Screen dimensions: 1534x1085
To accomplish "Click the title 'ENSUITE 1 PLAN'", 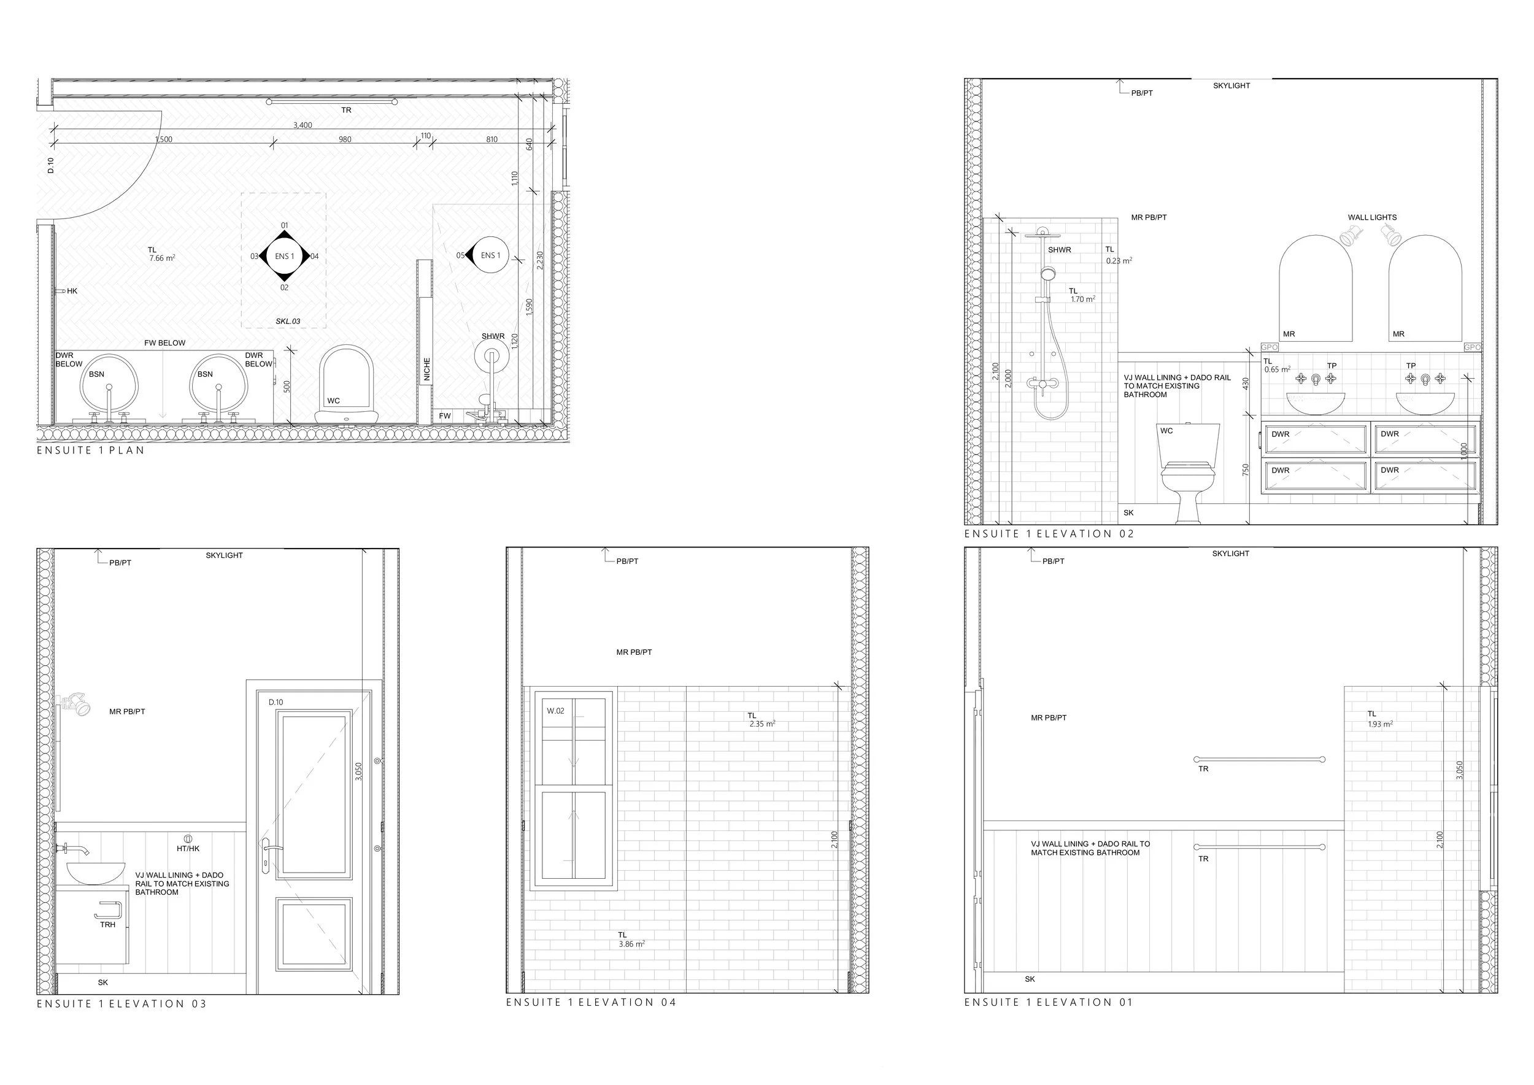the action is [91, 450].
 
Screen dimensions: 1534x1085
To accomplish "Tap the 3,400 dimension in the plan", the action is [303, 125].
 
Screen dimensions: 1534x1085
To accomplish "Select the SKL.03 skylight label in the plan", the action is [288, 322].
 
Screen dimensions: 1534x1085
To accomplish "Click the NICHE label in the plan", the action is [427, 369].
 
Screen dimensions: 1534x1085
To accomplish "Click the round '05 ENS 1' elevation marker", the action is [490, 256].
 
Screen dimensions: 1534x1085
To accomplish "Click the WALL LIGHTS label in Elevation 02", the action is [1372, 217].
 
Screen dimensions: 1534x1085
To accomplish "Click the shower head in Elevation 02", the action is [1043, 233].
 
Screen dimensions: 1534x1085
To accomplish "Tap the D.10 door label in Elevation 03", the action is [276, 702].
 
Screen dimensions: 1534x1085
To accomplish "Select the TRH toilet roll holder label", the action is [107, 925].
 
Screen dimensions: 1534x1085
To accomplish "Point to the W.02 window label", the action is [555, 711].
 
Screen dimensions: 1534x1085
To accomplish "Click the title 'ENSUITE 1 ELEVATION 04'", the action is [592, 1002].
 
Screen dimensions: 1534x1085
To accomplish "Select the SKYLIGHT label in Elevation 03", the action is [225, 555].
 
